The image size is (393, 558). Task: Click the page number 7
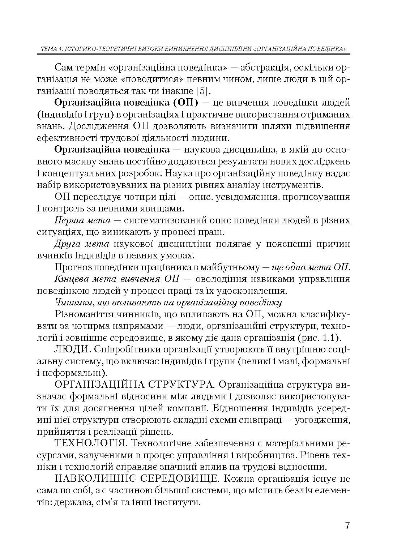click(x=347, y=525)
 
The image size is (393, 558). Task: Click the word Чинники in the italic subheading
click(x=70, y=302)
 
